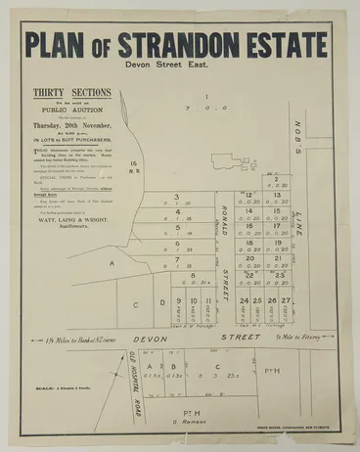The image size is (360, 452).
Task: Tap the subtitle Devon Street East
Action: (x=177, y=74)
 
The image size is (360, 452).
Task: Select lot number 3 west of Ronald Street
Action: (x=176, y=197)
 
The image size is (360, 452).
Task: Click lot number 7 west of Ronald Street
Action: (x=176, y=259)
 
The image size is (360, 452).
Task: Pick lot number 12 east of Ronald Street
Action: (x=248, y=195)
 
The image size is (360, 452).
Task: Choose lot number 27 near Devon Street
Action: (x=286, y=301)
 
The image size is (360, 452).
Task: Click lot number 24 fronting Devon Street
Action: (x=244, y=301)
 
